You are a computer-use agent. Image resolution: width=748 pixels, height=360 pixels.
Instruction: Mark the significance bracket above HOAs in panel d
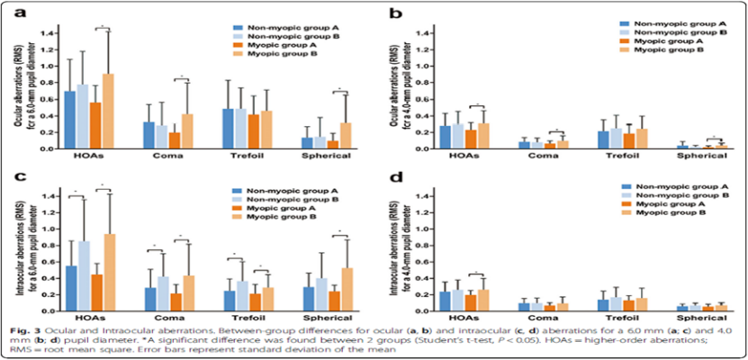tap(473, 274)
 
